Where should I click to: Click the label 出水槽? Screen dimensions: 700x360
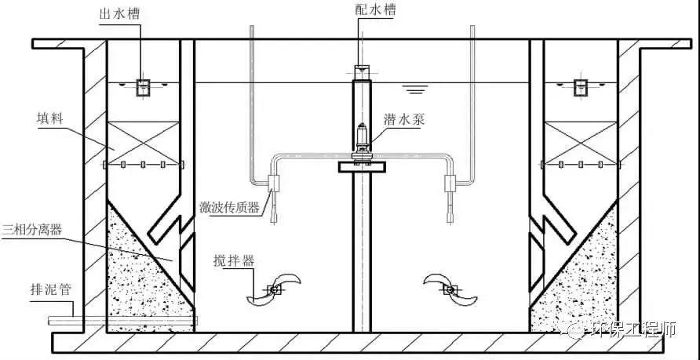[x=119, y=13]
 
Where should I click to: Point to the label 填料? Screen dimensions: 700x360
[x=49, y=119]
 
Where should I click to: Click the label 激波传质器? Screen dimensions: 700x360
[x=230, y=207]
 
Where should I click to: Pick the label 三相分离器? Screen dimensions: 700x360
[x=31, y=230]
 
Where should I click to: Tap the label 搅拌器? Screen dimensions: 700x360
[x=234, y=261]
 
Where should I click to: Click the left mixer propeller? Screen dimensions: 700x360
[x=273, y=289]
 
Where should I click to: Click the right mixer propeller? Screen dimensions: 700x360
[x=450, y=289]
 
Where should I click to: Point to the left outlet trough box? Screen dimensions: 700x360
[x=143, y=88]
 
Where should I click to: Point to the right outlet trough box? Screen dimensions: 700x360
[x=581, y=88]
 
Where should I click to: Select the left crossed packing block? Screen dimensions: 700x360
[x=144, y=143]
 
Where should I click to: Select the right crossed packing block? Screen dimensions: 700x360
[x=581, y=143]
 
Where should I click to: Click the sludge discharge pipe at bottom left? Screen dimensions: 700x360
[x=122, y=320]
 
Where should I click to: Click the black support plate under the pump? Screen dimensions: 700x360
[x=362, y=167]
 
